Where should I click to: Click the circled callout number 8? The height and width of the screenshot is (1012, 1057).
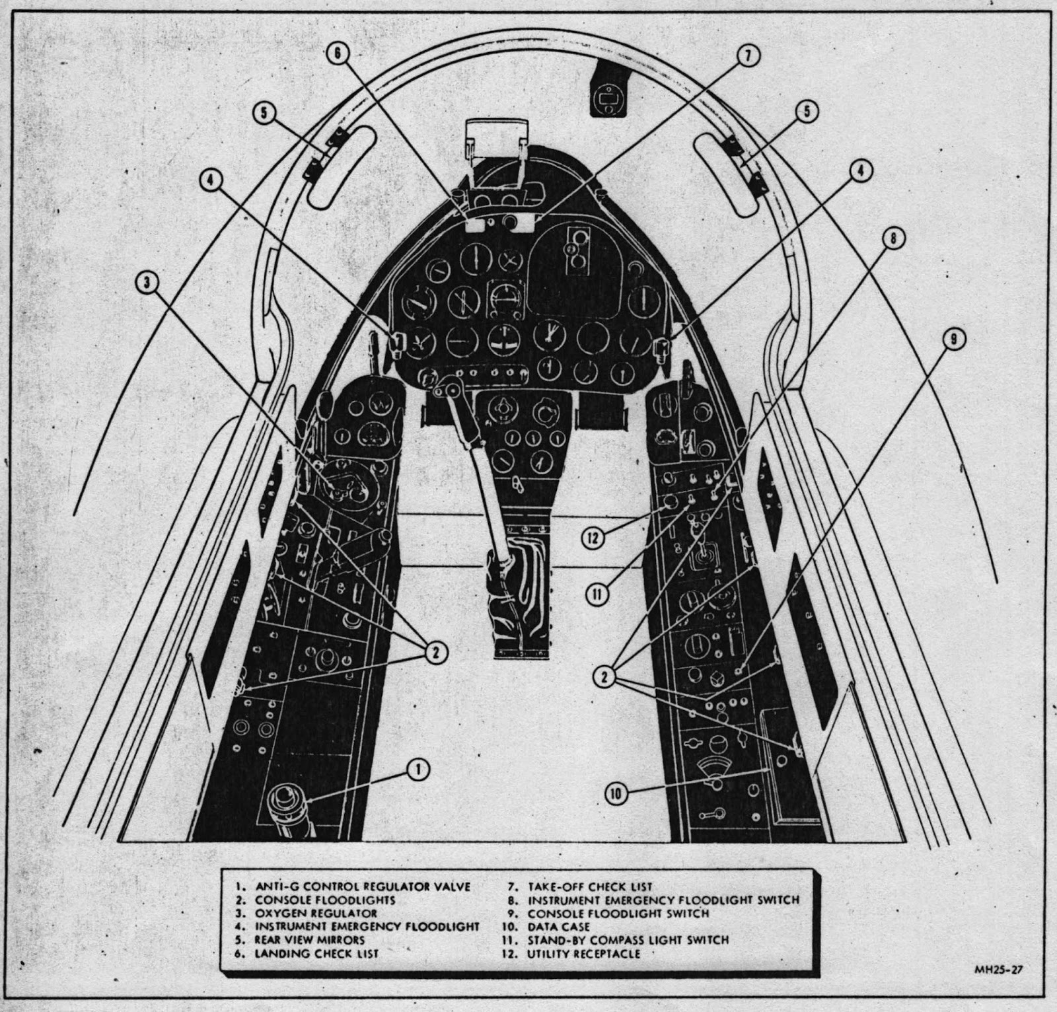[x=892, y=239]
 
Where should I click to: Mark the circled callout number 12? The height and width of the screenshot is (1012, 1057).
[x=591, y=537]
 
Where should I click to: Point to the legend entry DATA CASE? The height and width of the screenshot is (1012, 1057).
[x=558, y=926]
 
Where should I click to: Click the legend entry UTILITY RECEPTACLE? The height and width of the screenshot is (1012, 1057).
[x=583, y=954]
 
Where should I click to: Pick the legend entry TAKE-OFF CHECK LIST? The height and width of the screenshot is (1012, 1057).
[x=589, y=886]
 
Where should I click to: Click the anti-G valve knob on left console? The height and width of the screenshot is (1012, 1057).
[x=285, y=801]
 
